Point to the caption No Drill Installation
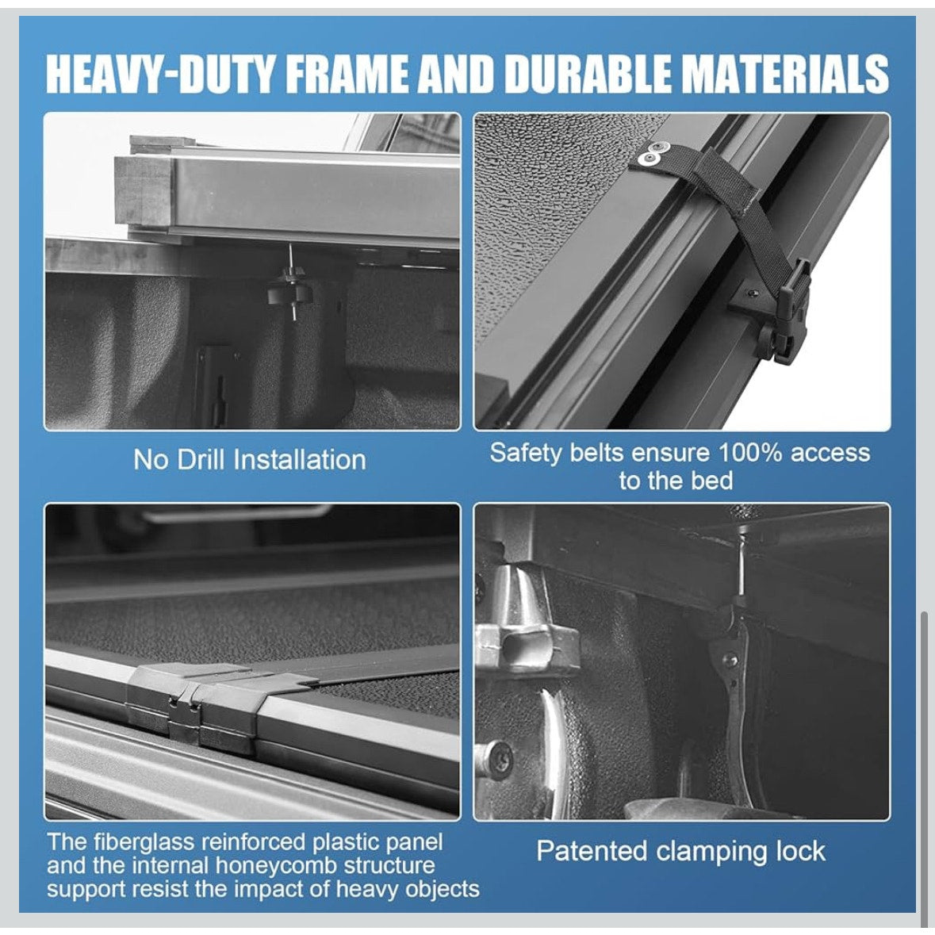coord(249,460)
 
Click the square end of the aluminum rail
coord(144,191)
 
